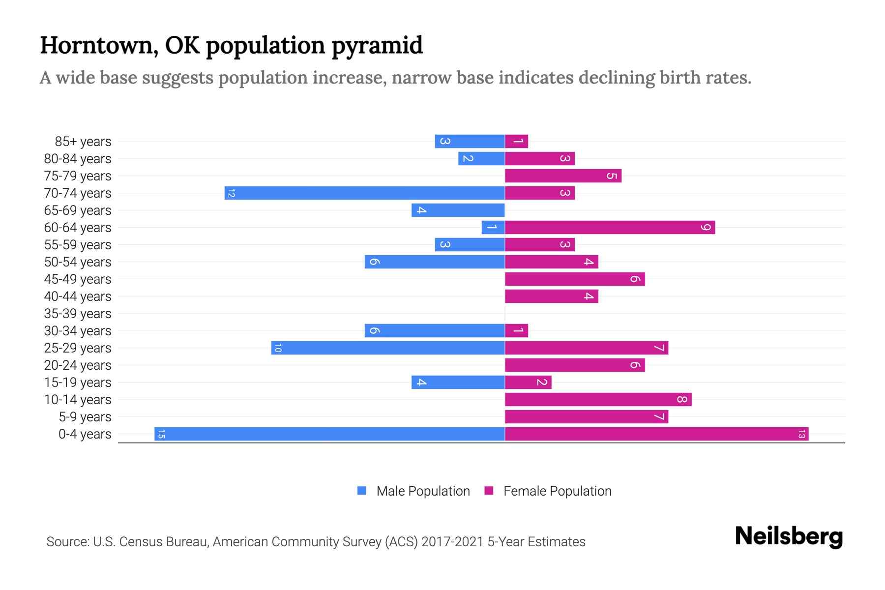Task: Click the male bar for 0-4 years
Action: pyautogui.click(x=329, y=434)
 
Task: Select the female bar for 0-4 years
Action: pyautogui.click(x=656, y=434)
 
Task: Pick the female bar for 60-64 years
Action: pyautogui.click(x=610, y=228)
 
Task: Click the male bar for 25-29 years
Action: pyautogui.click(x=388, y=348)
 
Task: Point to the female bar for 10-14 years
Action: pyautogui.click(x=598, y=400)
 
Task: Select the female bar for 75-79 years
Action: pyautogui.click(x=563, y=176)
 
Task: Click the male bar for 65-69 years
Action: pyautogui.click(x=458, y=210)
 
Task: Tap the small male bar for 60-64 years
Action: pyautogui.click(x=493, y=228)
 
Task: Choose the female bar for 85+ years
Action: pyautogui.click(x=516, y=142)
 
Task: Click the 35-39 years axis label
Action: pyautogui.click(x=78, y=314)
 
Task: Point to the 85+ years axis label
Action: pyautogui.click(x=83, y=142)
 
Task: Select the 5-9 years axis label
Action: pyautogui.click(x=85, y=417)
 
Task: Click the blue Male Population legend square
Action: pyautogui.click(x=362, y=491)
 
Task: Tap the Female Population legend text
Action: pyautogui.click(x=557, y=491)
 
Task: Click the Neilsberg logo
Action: pyautogui.click(x=789, y=536)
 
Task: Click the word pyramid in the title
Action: pyautogui.click(x=377, y=46)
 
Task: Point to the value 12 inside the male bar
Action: pyautogui.click(x=231, y=193)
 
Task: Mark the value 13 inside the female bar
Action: pyautogui.click(x=801, y=434)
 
